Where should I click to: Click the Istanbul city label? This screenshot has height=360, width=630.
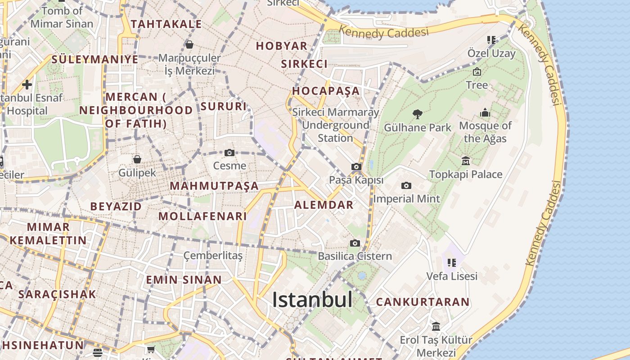tap(312, 300)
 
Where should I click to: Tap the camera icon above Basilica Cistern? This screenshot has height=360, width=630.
tap(355, 243)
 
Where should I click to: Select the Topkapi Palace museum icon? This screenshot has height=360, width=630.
tap(466, 161)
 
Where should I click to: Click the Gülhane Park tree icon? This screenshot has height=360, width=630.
tap(418, 114)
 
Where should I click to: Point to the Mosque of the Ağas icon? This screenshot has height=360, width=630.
tap(485, 112)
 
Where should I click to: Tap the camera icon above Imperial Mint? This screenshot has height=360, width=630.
tap(406, 185)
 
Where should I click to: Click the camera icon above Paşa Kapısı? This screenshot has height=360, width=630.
tap(356, 167)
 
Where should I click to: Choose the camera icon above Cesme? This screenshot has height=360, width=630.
tap(229, 153)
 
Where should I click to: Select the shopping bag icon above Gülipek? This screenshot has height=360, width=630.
tap(137, 159)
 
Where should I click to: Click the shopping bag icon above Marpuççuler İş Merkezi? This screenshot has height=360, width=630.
tap(189, 45)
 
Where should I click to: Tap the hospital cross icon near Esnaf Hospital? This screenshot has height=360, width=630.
tap(27, 85)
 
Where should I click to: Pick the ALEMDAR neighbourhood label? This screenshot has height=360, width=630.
tap(324, 205)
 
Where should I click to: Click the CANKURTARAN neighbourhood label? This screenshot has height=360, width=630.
tap(423, 302)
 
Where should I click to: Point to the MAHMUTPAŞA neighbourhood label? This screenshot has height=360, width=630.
tap(214, 186)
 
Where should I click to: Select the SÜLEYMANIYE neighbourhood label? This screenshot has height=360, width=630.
tap(95, 59)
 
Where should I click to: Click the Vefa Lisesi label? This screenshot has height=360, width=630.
tap(452, 276)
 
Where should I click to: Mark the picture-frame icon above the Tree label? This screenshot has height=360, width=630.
tap(477, 72)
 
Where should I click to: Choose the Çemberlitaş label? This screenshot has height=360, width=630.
tap(213, 256)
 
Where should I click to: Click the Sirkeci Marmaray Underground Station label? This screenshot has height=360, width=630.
tap(336, 125)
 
